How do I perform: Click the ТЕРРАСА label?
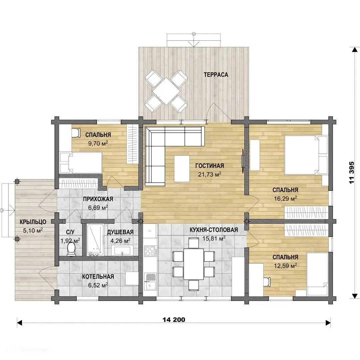point(216,75)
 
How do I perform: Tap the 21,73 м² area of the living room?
point(210,174)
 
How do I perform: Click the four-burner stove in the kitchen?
point(151,251)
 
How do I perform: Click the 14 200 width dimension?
point(174,320)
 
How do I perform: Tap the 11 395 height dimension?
point(352,173)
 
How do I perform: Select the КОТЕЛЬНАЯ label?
point(98,276)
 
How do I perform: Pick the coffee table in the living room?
point(182,169)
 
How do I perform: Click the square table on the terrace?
point(166,91)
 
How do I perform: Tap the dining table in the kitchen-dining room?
point(193,264)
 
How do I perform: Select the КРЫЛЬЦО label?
point(33,222)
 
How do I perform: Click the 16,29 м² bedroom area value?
point(285,198)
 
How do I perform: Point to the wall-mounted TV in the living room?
point(242,160)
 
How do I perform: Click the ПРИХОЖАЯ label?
point(98,199)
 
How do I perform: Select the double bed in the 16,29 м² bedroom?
point(306,155)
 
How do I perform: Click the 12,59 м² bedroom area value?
point(285,266)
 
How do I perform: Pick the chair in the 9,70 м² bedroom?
point(76,132)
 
